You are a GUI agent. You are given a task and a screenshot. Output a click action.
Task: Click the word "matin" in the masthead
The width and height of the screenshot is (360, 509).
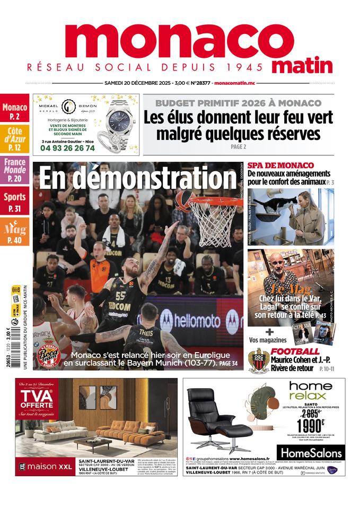click(x=302, y=66)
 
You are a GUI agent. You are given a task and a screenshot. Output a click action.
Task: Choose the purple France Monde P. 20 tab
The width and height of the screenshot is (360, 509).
click(x=15, y=169)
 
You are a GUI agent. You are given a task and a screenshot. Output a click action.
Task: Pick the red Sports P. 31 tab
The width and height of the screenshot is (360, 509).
click(x=15, y=201)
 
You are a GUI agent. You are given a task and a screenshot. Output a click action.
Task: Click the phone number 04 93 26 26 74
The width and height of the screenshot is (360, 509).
click(x=67, y=148)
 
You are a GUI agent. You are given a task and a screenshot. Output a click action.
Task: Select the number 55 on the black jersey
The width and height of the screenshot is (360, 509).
click(x=121, y=296)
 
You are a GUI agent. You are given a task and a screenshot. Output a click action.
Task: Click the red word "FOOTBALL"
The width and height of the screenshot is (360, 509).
click(x=295, y=352)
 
